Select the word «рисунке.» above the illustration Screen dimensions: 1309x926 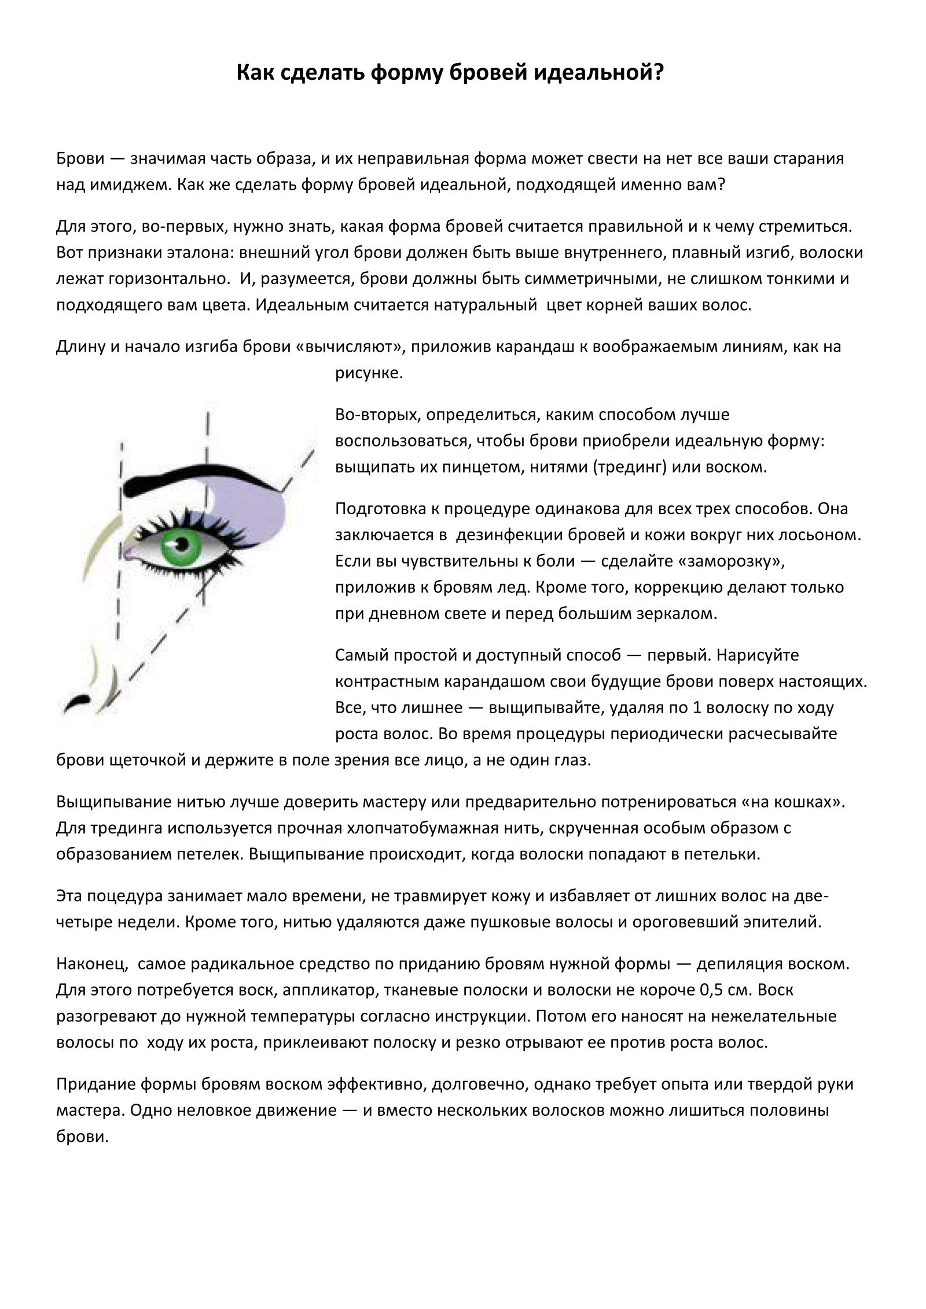pyautogui.click(x=369, y=373)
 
